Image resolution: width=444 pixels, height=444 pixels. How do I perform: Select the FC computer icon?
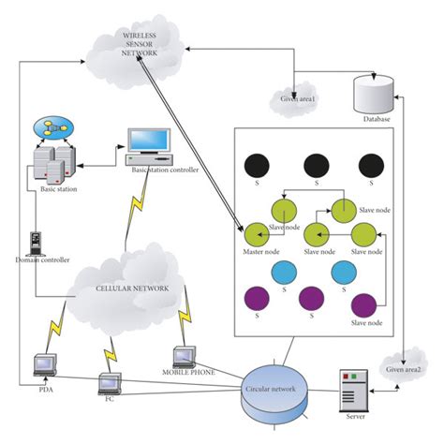click(111, 381)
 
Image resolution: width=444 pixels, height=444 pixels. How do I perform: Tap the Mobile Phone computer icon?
click(185, 356)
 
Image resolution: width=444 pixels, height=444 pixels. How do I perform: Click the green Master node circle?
click(256, 234)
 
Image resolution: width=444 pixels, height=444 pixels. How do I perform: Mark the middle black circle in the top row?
click(316, 167)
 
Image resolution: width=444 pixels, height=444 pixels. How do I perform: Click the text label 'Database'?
click(375, 120)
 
